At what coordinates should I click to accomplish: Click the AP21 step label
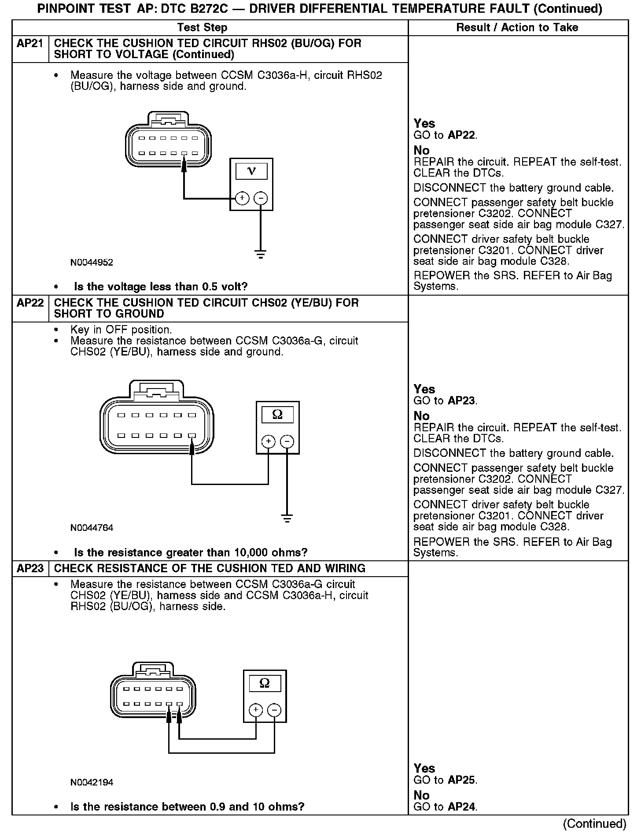30,44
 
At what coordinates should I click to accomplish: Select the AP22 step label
30,303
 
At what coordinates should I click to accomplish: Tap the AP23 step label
30,568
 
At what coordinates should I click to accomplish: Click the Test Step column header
202,28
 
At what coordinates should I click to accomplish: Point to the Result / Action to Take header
517,28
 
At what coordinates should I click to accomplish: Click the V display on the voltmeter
251,171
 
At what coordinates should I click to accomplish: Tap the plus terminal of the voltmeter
242,199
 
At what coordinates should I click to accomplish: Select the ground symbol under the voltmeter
261,254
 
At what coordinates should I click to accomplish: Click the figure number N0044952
92,263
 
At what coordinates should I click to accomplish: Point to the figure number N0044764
92,528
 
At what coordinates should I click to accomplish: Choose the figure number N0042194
92,782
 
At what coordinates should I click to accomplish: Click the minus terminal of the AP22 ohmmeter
287,441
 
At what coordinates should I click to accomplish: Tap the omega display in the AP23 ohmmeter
265,683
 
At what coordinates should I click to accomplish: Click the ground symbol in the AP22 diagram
287,518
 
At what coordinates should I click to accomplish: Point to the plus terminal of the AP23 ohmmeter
256,710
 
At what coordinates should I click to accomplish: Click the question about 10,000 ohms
191,552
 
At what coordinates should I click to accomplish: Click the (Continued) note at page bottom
594,824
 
